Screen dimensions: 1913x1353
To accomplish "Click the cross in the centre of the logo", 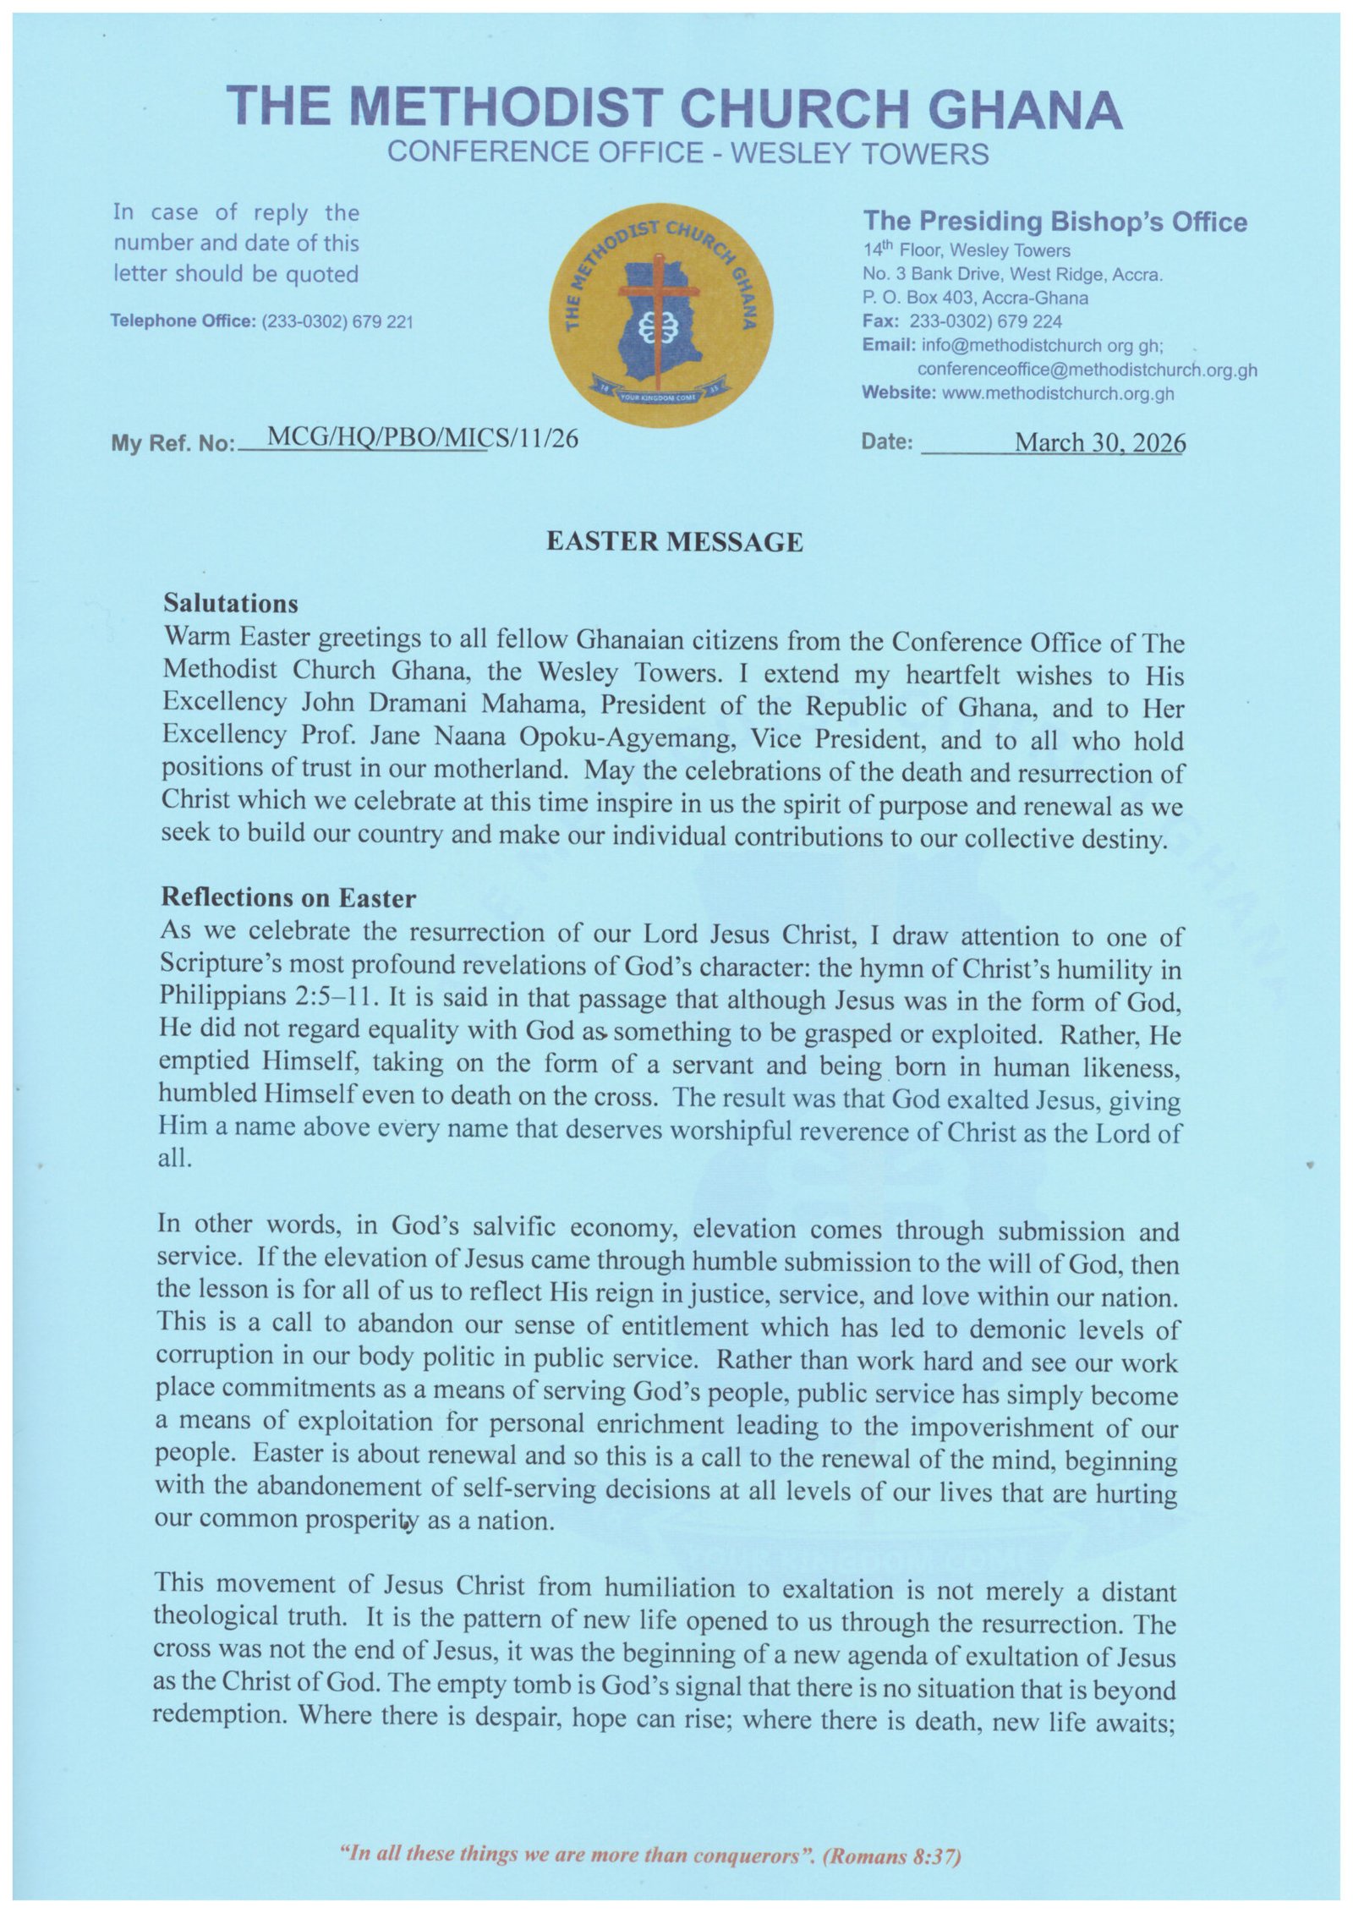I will pyautogui.click(x=660, y=304).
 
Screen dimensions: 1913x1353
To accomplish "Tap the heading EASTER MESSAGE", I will pyautogui.click(x=674, y=541).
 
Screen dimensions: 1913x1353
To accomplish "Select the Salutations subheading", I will pyautogui.click(x=230, y=603).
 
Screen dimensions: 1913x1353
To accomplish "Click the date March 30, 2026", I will pyautogui.click(x=1099, y=442).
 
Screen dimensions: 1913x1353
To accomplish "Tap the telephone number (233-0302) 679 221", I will pyautogui.click(x=337, y=321).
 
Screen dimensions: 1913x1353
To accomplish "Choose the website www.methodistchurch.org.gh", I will pyautogui.click(x=1057, y=393).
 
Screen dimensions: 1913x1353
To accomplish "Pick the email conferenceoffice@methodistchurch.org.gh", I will pyautogui.click(x=1087, y=370).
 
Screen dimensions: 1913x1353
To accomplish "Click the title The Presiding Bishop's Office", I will pyautogui.click(x=1054, y=222).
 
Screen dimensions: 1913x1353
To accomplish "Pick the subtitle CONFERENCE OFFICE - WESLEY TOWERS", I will pyautogui.click(x=687, y=153).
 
